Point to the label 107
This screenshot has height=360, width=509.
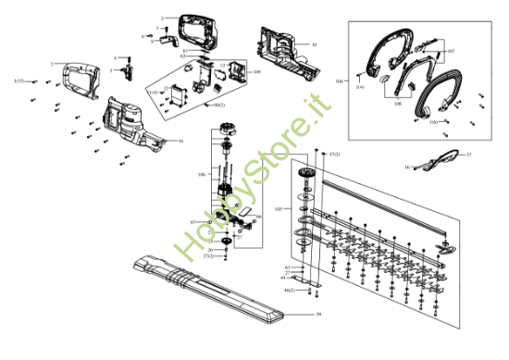[x=451, y=52]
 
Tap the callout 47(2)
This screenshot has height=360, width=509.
[x=335, y=153]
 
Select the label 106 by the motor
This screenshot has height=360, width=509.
[x=201, y=173]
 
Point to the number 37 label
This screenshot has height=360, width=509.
[x=469, y=154]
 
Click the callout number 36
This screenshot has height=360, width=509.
[x=406, y=168]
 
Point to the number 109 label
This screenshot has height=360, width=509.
[x=256, y=71]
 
